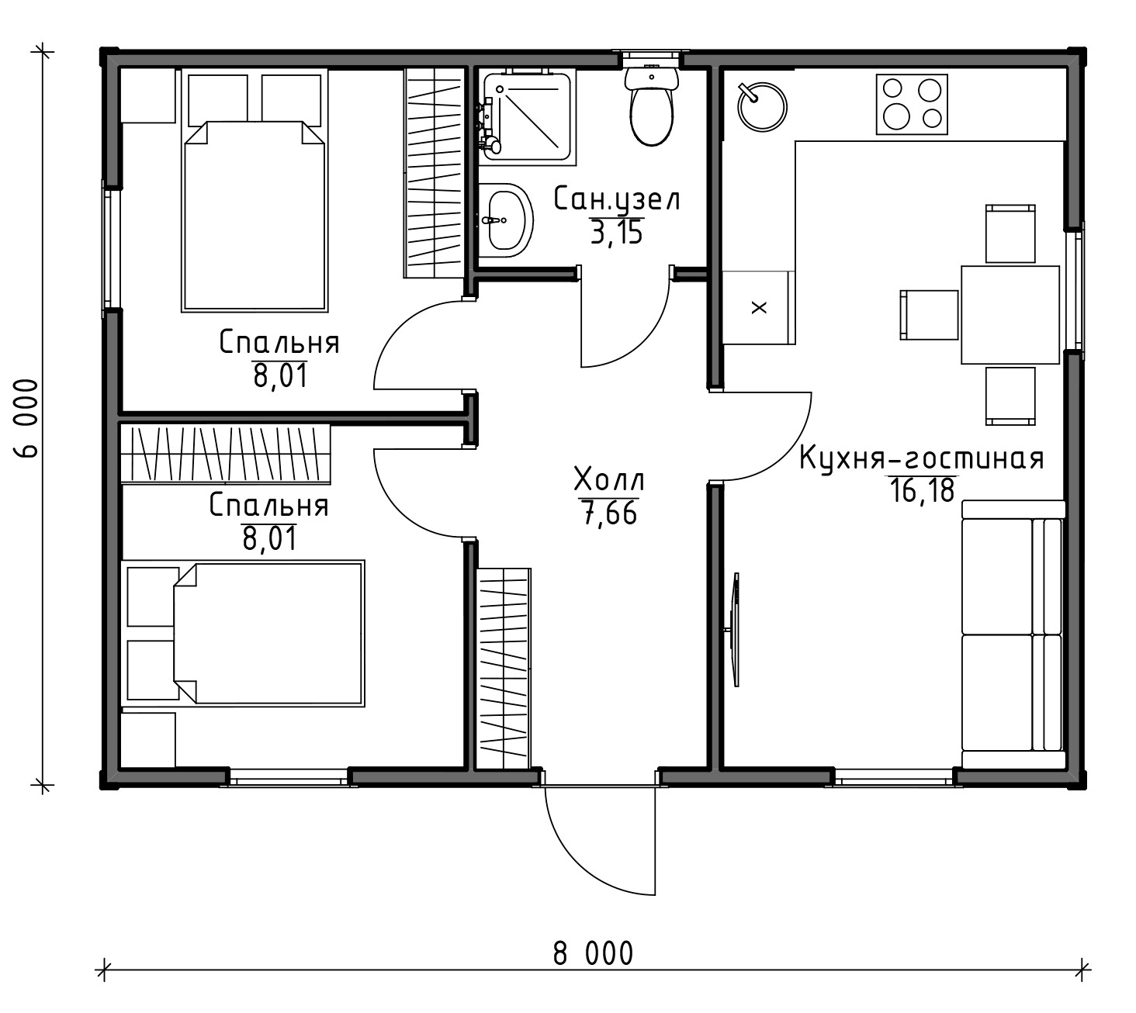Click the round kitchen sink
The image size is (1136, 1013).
point(762,107)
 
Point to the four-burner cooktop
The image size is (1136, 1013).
point(912,104)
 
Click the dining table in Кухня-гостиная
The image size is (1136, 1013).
point(1010,315)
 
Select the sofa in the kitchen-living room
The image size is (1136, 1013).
point(1013,634)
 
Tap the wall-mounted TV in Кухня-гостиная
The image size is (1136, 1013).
point(736,630)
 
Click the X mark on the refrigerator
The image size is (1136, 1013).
point(759,307)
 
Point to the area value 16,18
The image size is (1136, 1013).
point(923,491)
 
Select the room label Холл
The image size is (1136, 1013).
point(609,480)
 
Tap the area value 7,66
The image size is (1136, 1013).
point(609,513)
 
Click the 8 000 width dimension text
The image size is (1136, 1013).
point(593,953)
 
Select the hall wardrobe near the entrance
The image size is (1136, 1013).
point(503,669)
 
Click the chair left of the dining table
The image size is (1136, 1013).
point(929,315)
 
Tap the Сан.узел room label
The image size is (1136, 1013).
point(617,199)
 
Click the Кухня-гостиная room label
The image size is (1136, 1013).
point(921,458)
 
